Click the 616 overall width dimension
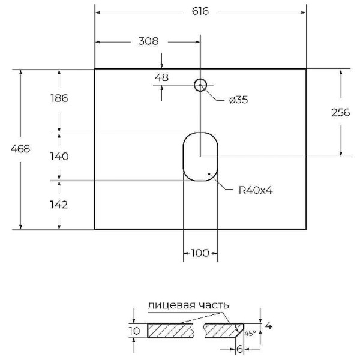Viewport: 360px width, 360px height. click(x=200, y=13)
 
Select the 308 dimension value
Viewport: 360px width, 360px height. click(x=148, y=42)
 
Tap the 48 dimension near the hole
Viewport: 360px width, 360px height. click(x=161, y=77)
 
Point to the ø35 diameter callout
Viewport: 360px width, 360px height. click(x=238, y=100)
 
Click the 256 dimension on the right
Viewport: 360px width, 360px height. click(x=340, y=112)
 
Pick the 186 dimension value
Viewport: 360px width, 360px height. click(x=59, y=98)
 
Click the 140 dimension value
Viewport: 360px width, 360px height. click(x=59, y=157)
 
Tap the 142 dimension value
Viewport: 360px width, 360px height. click(x=59, y=205)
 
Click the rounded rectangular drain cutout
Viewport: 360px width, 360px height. click(x=200, y=156)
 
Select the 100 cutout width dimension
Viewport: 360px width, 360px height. click(x=200, y=253)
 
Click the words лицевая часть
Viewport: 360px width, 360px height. click(x=188, y=305)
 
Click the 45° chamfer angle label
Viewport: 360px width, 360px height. click(x=250, y=333)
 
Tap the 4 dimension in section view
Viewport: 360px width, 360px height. click(x=268, y=326)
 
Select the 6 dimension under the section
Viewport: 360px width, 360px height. click(x=239, y=348)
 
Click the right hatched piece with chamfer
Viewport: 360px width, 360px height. click(x=223, y=330)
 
